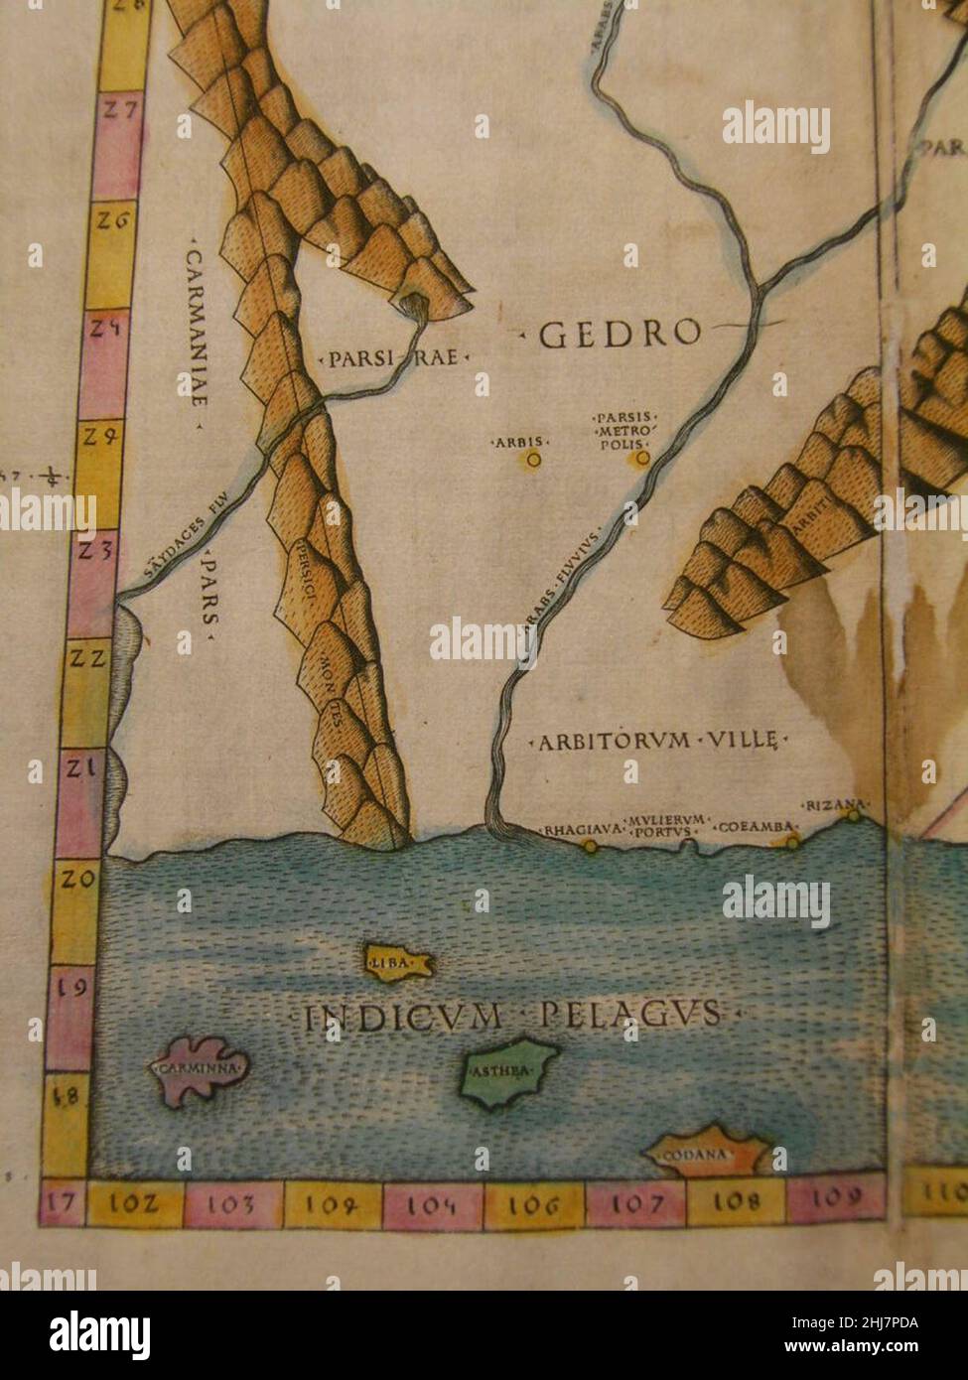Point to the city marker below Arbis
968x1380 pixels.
coord(534,460)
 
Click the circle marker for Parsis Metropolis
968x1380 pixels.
coord(643,458)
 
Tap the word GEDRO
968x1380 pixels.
coord(620,336)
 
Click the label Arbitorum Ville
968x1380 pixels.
coord(662,741)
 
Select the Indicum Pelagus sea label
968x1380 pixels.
coord(511,1015)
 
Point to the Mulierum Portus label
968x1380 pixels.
coord(667,825)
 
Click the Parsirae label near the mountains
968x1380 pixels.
coord(393,357)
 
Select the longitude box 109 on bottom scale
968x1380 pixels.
coord(835,1197)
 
